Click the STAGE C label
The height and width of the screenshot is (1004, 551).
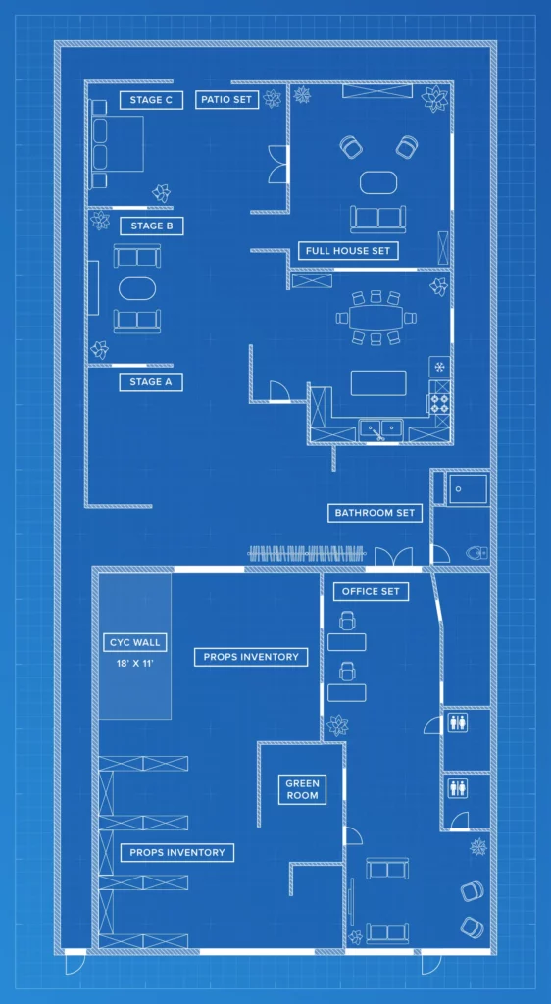151,100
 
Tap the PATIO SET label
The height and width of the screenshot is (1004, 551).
226,100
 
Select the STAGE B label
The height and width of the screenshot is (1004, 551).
152,226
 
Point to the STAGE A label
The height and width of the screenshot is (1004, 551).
151,382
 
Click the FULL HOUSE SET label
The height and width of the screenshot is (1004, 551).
348,250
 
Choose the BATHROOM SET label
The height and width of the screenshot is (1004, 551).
375,512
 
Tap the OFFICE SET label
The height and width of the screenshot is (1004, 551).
371,591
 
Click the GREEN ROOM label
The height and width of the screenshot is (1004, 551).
302,789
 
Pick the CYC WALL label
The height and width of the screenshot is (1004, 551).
134,642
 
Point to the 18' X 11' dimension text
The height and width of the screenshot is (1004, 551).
135,663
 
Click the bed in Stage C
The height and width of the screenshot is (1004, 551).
117,144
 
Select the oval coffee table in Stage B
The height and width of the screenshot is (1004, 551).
137,288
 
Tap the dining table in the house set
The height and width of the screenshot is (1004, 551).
376,317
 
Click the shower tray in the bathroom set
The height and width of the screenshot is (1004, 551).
468,490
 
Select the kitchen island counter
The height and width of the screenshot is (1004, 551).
378,383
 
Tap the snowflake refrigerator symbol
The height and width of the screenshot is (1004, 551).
439,367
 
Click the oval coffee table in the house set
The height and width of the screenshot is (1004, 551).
378,182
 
